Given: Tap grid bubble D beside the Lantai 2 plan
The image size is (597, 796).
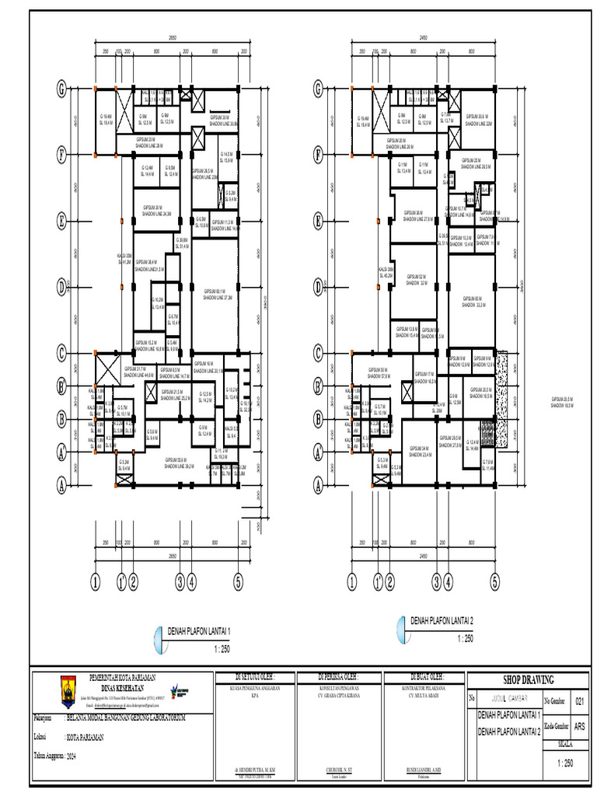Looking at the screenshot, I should [318, 288].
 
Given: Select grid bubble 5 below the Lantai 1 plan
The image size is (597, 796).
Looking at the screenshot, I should [238, 580].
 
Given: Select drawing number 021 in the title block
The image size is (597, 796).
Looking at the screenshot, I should [578, 701].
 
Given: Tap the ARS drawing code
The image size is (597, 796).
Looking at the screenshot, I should [578, 726].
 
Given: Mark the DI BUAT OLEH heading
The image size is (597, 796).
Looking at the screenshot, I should [416, 676].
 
